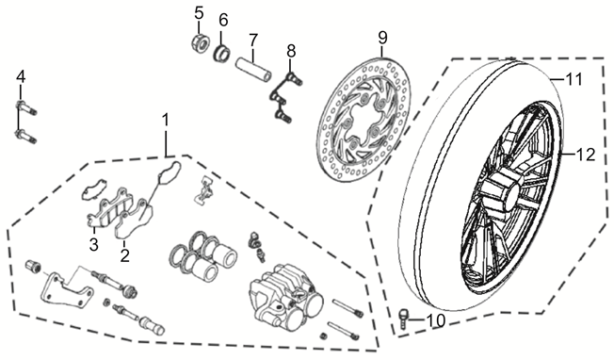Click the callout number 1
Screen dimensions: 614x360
[x=166, y=120]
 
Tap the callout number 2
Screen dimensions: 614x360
[x=125, y=255]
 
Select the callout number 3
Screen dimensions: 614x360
[x=93, y=245]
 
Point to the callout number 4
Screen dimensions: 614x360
[x=21, y=76]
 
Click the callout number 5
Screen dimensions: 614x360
[x=200, y=13]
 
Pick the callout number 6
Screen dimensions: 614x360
[x=223, y=20]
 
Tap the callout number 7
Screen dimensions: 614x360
[x=253, y=40]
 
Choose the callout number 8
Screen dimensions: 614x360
[x=291, y=51]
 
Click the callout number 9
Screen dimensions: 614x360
[x=382, y=38]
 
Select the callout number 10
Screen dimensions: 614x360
[x=435, y=321]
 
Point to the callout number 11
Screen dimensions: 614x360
[x=574, y=80]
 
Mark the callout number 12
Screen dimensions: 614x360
[x=586, y=155]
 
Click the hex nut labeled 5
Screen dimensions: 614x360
[x=200, y=43]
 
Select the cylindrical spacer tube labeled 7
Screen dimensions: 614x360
[x=253, y=71]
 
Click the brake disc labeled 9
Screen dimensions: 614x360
[x=363, y=121]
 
